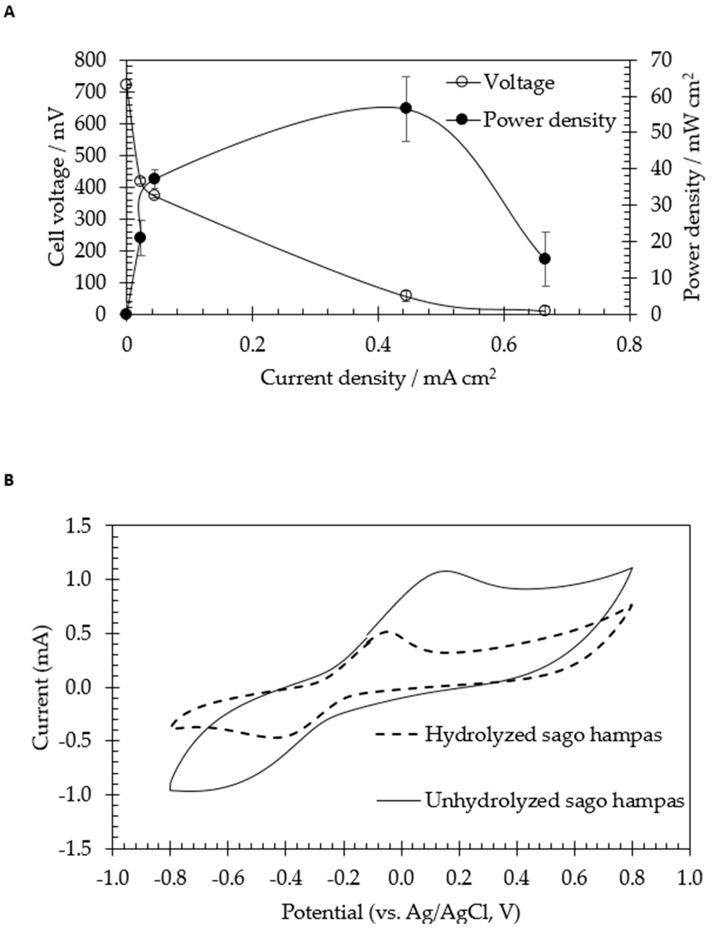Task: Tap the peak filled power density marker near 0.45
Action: pos(406,108)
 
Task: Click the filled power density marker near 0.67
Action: pos(544,259)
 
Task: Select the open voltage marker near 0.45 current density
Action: pos(406,295)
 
